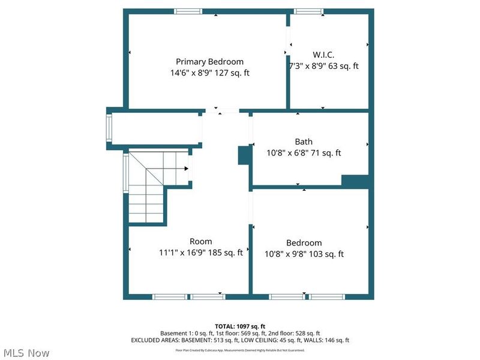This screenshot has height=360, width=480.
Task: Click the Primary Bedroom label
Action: coord(209,61)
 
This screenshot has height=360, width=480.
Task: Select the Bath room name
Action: coord(303,142)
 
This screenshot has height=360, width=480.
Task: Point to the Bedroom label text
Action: coord(304,242)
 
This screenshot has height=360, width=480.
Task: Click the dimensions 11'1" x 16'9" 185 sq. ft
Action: coord(200,253)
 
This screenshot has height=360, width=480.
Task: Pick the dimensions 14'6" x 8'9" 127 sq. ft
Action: coord(209,73)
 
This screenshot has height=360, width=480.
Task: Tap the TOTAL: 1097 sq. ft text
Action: coord(239,326)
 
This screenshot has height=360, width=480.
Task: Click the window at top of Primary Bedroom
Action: coord(188,11)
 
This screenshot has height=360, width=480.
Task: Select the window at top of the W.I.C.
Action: coord(309,11)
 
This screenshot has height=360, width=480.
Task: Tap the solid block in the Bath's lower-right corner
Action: coord(354,181)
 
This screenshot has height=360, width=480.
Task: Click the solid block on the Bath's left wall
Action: coord(244,155)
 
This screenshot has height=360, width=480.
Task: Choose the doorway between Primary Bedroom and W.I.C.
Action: coord(288,41)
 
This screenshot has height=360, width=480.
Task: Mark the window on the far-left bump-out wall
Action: coord(109,127)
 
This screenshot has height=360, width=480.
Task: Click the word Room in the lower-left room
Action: coord(200,241)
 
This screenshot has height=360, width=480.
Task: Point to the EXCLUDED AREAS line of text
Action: coord(239,340)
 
